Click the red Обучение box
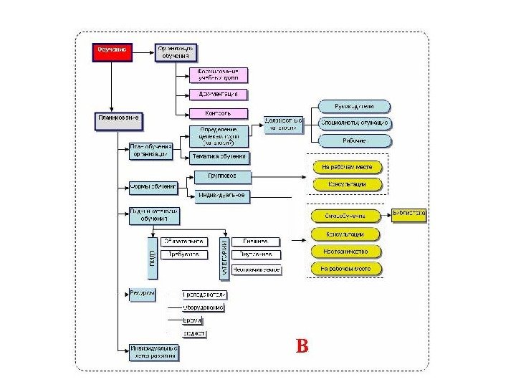point(110,51)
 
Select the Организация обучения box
point(176,52)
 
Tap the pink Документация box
point(219,95)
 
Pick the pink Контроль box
point(219,113)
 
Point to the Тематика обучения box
point(219,156)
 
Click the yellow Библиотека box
point(409,214)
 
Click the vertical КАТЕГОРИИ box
point(224,254)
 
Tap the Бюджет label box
point(194,333)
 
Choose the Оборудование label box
point(204,307)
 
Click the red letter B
point(302,347)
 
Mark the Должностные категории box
point(285,123)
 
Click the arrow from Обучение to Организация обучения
point(142,50)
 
